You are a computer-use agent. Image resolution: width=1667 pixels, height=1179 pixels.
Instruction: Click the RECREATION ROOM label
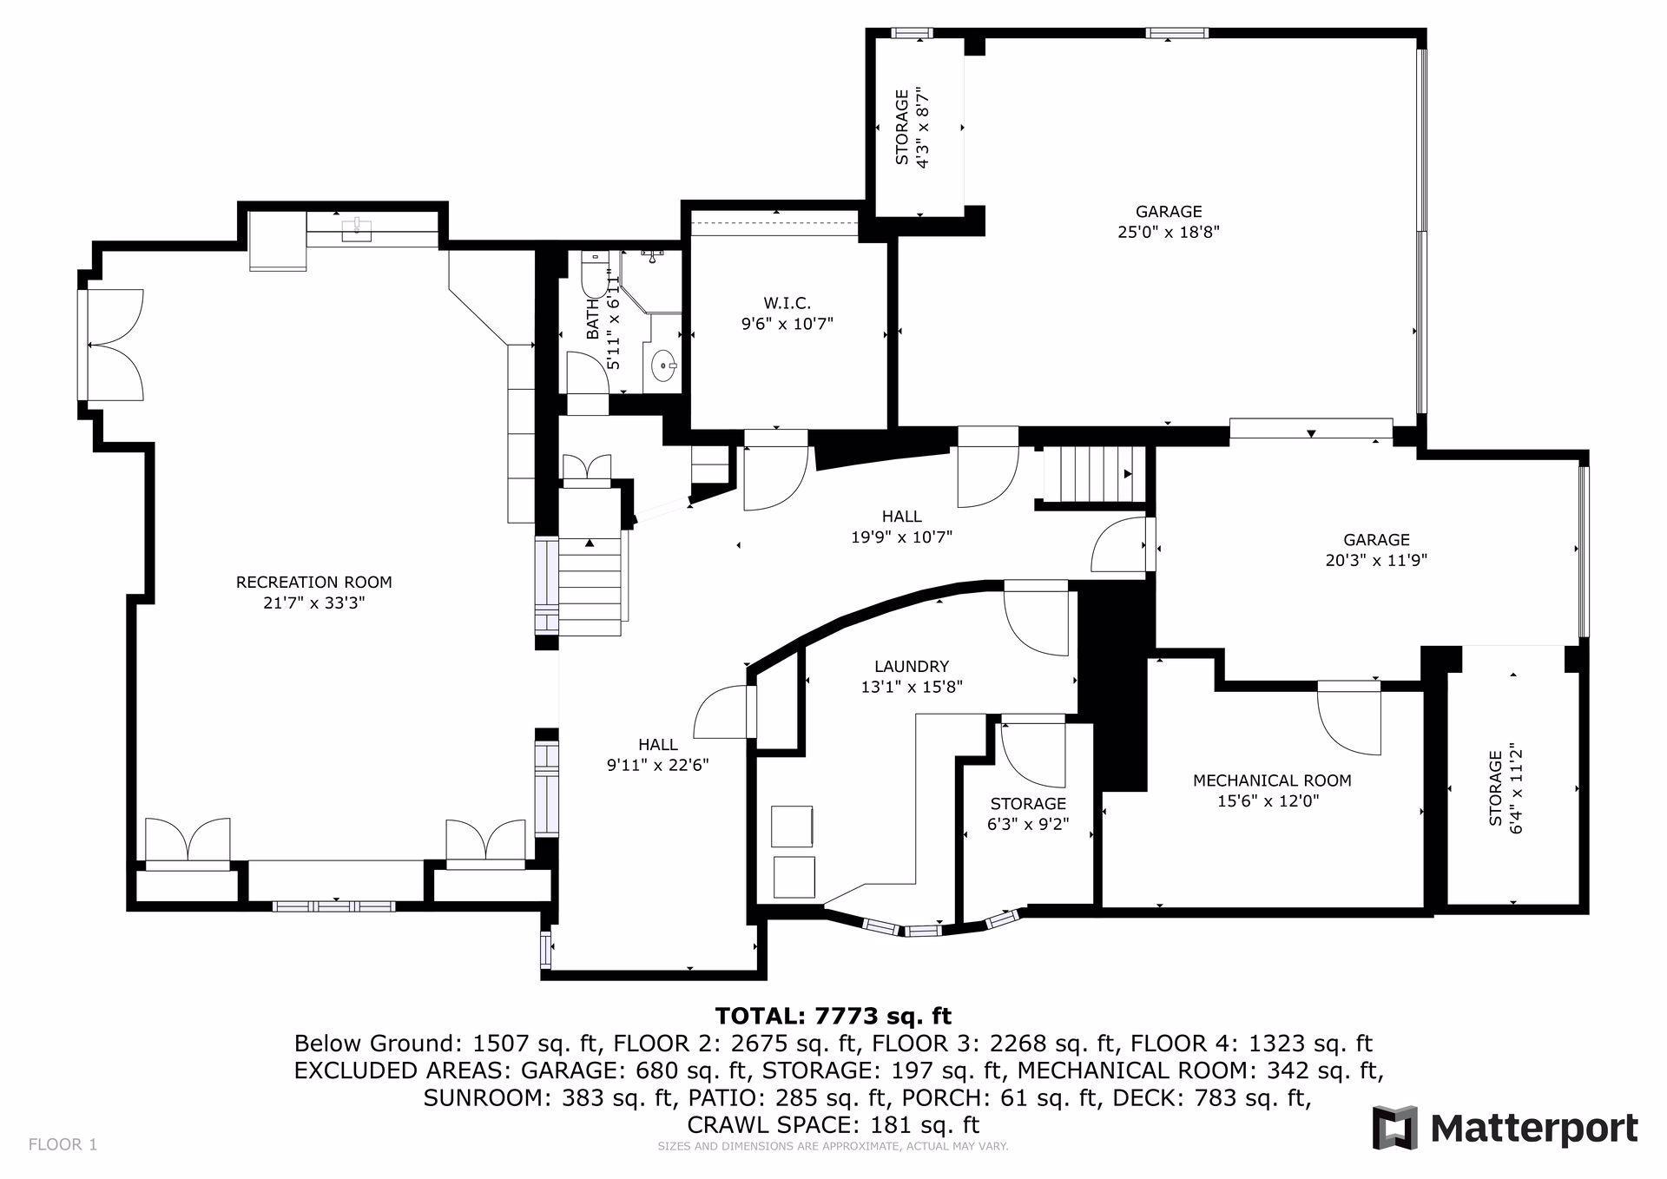pos(313,583)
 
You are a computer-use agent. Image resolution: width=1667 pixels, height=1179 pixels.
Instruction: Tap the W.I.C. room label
pos(787,303)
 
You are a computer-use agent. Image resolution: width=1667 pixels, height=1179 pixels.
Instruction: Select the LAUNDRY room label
pos(912,666)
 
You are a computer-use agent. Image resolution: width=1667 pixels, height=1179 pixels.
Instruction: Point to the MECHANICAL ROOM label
pos(1272,781)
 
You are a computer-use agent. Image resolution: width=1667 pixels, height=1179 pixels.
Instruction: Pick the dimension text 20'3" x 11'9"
pos(1376,561)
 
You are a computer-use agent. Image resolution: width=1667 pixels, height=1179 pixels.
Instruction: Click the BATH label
pos(594,319)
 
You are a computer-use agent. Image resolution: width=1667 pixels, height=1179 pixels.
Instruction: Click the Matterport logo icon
pos(1394,1128)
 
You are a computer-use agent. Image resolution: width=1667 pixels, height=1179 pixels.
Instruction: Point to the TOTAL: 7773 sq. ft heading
pos(833,1016)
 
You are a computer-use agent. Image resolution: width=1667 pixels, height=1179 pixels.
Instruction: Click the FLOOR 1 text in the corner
pos(63,1144)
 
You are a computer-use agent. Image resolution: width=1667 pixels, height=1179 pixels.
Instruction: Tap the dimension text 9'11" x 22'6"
pos(658,766)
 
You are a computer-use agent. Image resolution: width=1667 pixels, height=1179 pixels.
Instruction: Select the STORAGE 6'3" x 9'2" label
pos(1028,814)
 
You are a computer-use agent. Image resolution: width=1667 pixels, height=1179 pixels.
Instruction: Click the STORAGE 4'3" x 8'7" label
pos(912,127)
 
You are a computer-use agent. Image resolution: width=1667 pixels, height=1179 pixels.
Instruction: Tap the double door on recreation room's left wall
pos(114,345)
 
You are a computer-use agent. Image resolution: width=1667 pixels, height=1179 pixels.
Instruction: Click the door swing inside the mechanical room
pos(1348,718)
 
